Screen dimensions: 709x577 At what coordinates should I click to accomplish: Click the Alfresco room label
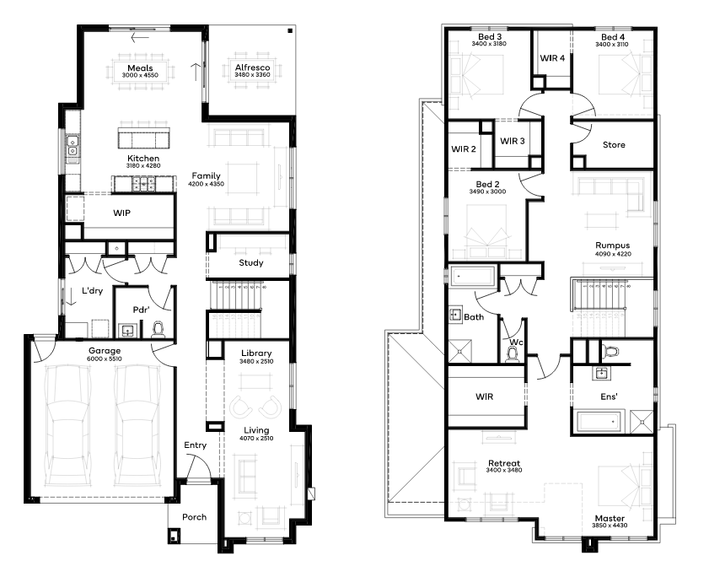coord(252,67)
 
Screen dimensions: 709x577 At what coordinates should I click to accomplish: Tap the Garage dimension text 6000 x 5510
coord(105,359)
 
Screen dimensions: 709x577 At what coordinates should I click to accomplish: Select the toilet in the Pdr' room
coord(158,329)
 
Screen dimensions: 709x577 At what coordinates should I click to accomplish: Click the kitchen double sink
coord(73,146)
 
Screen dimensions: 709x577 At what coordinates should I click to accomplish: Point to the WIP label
coord(121,213)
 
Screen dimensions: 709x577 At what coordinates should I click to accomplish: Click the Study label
coord(251,262)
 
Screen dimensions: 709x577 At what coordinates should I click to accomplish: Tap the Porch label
coord(195,517)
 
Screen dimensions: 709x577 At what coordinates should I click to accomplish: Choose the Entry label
coord(195,445)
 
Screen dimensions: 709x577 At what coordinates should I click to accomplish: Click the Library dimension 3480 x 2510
coord(256,361)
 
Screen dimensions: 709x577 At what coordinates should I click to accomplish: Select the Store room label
coord(614,145)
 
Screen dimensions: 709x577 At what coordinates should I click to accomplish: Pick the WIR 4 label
coord(552,58)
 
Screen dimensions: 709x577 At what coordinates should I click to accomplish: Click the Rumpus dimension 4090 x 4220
coord(613,254)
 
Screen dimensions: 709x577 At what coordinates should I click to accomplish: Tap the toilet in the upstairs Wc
coord(513,355)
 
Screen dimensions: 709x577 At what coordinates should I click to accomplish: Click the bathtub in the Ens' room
coord(598,421)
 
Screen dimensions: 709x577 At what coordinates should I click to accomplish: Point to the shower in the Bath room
coord(460,351)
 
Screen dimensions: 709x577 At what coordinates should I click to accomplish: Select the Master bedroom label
coord(610,518)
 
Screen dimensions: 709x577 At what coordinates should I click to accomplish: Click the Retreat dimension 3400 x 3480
coord(504,470)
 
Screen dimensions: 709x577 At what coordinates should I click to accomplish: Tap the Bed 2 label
coord(487,184)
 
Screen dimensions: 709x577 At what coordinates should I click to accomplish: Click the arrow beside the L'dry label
coord(71,296)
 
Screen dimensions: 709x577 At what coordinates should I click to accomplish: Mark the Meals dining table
coord(140,71)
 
